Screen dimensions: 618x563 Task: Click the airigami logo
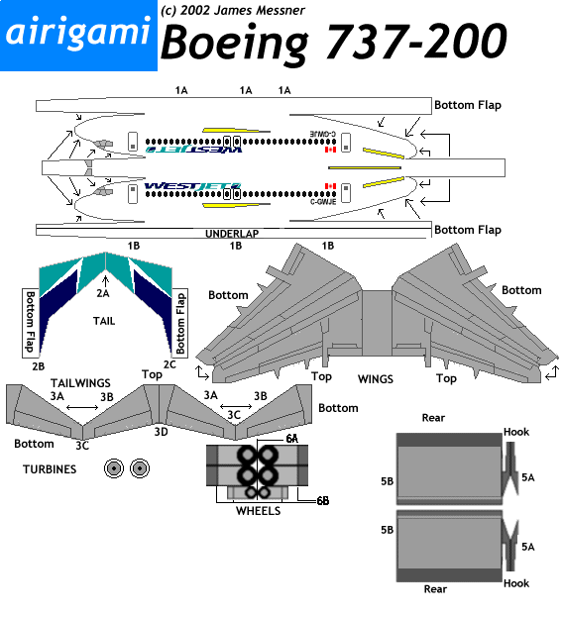pos(78,35)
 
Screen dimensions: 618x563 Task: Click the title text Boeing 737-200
pos(334,43)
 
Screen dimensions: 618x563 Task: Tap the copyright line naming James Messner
pos(232,10)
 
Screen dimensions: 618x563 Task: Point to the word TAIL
pos(105,322)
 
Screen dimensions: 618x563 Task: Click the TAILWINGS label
pos(79,382)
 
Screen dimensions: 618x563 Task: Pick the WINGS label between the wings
pos(375,378)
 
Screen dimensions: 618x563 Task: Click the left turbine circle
pos(116,468)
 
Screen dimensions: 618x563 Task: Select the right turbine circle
pos(139,468)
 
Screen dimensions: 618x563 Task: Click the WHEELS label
pos(258,511)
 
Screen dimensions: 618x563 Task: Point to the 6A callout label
pos(292,438)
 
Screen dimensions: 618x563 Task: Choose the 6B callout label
pos(322,501)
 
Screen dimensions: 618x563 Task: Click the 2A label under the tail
pos(103,293)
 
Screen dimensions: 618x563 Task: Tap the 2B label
pos(38,365)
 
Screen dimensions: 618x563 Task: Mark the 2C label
pos(170,365)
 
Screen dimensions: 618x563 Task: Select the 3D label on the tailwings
pos(161,432)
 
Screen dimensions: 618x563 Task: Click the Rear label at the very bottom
pos(435,588)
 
